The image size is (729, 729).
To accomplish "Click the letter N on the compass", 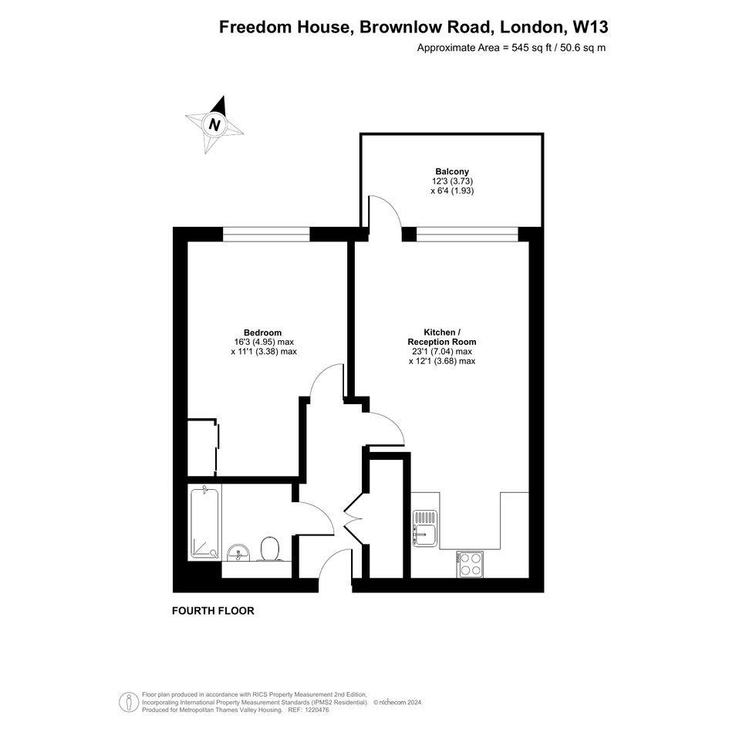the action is coord(214,125).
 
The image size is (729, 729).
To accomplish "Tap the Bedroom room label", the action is coord(263,332).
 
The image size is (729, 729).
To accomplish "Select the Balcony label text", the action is coord(452,171).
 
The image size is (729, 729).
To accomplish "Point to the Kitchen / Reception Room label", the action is coord(442,337).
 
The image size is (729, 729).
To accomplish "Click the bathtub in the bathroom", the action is coord(205,522).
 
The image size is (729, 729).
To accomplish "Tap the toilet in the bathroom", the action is coord(270,548).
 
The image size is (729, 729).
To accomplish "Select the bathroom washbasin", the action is coord(238,553).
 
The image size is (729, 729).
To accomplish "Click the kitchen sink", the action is coord(424,528).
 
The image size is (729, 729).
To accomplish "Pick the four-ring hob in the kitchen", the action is coord(470,564).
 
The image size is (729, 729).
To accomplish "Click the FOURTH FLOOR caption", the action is coord(213,611).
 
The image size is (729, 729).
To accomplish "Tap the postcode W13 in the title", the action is coord(590,27).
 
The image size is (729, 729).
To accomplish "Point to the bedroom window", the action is coord(266,235).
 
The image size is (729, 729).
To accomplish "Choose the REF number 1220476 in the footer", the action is coord(316,710).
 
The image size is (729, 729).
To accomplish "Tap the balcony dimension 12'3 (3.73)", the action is coord(452,181).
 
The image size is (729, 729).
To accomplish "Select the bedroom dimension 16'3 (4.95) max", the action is coord(264,343).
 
